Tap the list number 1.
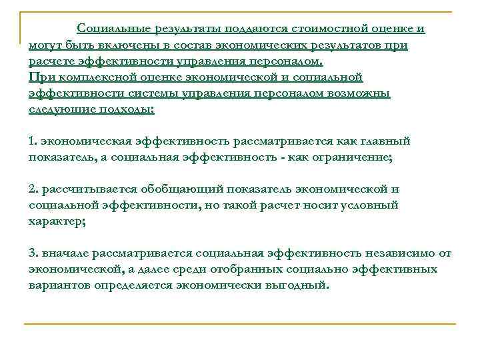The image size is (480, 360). point(32,141)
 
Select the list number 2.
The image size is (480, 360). point(32,189)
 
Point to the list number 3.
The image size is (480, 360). point(32,253)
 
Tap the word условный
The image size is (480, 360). point(370,205)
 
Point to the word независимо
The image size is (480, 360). point(399,253)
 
